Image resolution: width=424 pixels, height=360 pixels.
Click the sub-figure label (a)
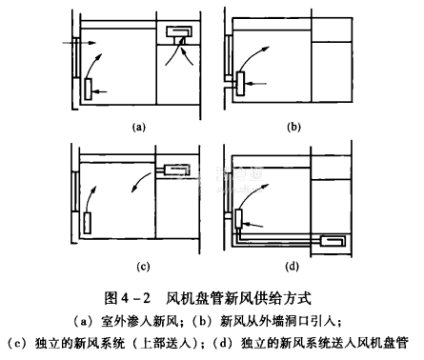[x=139, y=127]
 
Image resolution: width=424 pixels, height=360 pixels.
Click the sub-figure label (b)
[x=293, y=127]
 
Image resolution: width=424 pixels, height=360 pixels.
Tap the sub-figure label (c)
[x=143, y=267]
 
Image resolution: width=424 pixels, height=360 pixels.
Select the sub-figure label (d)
[x=292, y=267]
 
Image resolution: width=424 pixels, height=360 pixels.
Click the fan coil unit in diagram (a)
[x=89, y=89]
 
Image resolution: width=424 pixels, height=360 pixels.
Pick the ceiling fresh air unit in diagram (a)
[x=179, y=31]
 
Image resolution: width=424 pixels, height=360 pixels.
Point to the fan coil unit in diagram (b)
[x=240, y=84]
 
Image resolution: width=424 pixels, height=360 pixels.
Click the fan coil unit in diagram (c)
[x=88, y=223]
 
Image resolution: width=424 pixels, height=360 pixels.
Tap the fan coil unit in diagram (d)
[x=238, y=218]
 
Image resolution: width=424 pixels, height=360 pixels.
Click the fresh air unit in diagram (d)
[x=333, y=241]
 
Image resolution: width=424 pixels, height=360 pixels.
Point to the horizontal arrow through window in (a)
[x=79, y=43]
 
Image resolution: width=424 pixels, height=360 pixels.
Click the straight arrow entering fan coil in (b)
[x=256, y=84]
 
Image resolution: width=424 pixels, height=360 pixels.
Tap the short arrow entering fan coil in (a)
[x=100, y=91]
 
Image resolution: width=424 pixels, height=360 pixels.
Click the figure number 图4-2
[x=127, y=298]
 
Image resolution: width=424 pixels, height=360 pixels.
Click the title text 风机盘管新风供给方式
[x=239, y=298]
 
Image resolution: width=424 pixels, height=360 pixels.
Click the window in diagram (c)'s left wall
[x=75, y=191]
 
